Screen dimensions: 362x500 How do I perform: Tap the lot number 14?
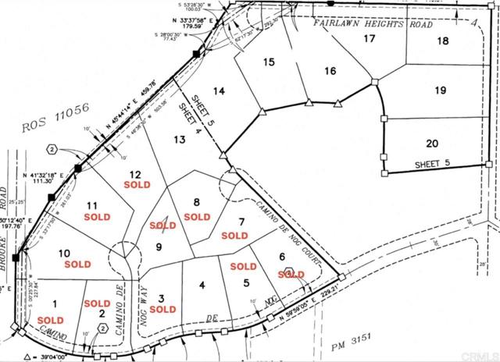click(220, 91)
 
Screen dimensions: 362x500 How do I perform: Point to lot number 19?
click(441, 90)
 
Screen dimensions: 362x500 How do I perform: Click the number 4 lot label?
click(202, 285)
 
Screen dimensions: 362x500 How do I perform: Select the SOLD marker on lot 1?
click(50, 320)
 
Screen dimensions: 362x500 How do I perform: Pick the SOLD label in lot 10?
click(78, 264)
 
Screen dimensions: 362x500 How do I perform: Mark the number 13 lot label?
click(180, 139)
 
